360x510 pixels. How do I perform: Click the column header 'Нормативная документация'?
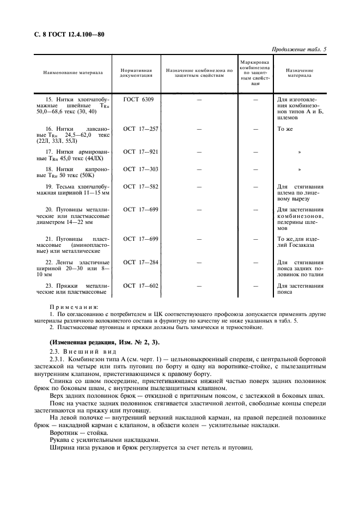[136, 73]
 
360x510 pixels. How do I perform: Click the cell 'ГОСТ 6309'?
[138, 100]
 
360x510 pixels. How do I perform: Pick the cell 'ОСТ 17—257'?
[140, 129]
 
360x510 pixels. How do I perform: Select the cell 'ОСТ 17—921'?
[140, 151]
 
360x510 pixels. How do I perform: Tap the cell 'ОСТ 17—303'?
[140, 169]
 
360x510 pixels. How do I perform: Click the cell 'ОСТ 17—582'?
[140, 187]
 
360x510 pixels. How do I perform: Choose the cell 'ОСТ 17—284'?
[140, 263]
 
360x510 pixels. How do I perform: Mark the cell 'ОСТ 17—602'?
[140, 286]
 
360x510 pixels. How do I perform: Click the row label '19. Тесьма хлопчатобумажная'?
[72, 190]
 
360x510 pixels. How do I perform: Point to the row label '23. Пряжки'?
[72, 289]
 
